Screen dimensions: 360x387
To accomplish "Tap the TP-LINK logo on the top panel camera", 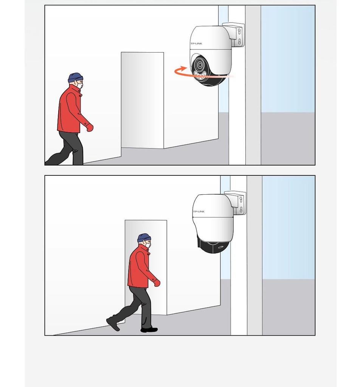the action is (x=196, y=43).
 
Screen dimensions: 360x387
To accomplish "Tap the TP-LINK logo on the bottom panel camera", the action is (x=199, y=212).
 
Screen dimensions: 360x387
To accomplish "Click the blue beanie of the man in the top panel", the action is (x=76, y=77).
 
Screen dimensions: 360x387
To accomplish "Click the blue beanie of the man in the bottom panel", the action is (x=144, y=238).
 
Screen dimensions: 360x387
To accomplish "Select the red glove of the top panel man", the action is (x=90, y=127).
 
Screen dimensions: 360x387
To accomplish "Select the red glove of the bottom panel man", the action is (x=157, y=283).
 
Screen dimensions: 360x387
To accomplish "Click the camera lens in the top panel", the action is (x=199, y=65).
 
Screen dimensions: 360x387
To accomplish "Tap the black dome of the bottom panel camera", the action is (x=213, y=246).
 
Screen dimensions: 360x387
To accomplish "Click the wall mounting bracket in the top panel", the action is (x=236, y=34).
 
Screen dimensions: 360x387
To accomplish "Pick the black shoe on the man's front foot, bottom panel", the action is (x=149, y=330).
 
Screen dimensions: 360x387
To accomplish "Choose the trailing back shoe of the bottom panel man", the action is (x=113, y=324).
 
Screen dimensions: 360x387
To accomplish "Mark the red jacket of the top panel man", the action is (x=70, y=110).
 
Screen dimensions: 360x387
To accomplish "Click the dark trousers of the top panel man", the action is (x=67, y=148).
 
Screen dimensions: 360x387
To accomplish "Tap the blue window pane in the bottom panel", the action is (x=289, y=228).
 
